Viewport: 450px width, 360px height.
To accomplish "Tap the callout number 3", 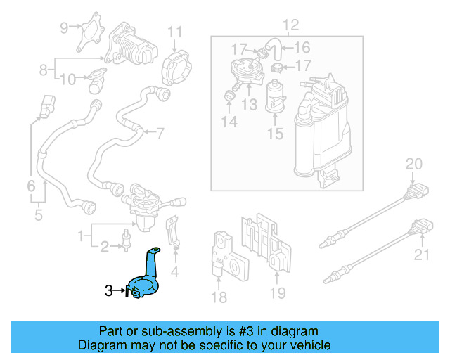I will click(108, 289).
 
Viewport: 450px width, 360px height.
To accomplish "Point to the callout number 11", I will click(174, 32).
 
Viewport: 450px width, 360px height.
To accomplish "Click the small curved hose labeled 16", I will click(276, 50).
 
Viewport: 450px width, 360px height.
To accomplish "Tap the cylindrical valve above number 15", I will click(274, 95).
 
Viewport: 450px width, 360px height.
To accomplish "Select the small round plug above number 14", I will click(229, 94).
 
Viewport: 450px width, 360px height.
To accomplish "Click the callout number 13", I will click(249, 105).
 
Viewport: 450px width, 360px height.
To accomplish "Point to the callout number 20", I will click(414, 165).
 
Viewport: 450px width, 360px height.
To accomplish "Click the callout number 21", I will click(421, 254).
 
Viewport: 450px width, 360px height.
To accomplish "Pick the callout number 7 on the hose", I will click(160, 131).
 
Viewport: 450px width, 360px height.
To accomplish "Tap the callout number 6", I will click(31, 186).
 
